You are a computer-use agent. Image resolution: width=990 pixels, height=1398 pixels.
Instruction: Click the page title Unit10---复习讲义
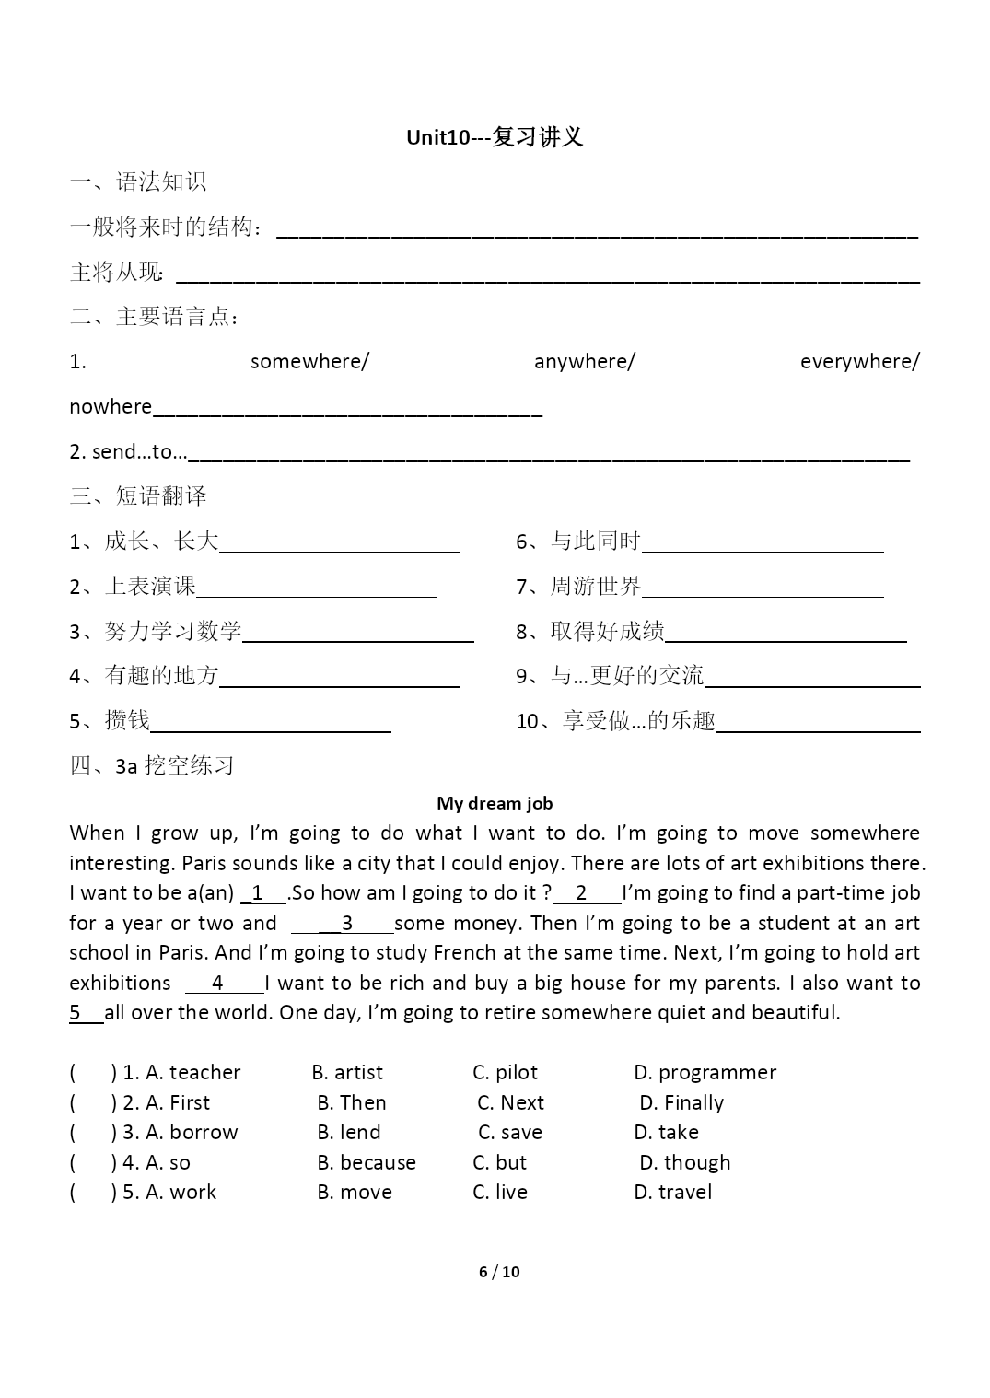click(x=495, y=138)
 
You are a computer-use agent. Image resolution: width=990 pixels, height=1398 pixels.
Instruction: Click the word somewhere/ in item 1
click(x=309, y=361)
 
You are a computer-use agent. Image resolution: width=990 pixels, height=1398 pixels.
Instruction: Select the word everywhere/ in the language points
click(x=859, y=361)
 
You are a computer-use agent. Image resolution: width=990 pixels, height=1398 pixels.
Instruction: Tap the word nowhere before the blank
click(x=111, y=406)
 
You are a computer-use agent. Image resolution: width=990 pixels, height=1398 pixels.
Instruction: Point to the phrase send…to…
click(x=139, y=451)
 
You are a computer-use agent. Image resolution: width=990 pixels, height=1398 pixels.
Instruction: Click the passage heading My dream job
click(x=495, y=803)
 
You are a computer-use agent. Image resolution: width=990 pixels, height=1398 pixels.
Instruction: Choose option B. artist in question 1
click(x=347, y=1072)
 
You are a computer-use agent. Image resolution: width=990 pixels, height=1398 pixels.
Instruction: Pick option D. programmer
click(x=705, y=1072)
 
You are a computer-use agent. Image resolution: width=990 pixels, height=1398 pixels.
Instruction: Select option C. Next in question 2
click(x=510, y=1102)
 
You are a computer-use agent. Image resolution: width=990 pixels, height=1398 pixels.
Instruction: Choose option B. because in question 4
click(x=367, y=1162)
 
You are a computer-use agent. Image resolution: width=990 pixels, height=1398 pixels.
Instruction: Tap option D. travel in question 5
click(x=672, y=1192)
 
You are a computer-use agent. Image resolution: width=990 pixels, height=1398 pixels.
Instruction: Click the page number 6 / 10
click(x=499, y=1272)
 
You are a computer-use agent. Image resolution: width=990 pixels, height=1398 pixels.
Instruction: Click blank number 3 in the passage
click(x=346, y=924)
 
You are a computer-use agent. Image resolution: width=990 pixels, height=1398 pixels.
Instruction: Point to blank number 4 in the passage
click(x=218, y=984)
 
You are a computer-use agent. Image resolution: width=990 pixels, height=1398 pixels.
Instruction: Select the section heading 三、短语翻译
click(x=138, y=495)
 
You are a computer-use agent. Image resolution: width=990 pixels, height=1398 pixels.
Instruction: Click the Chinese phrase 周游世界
click(x=596, y=586)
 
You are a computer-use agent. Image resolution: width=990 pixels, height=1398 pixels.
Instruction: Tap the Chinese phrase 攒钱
click(x=127, y=720)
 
